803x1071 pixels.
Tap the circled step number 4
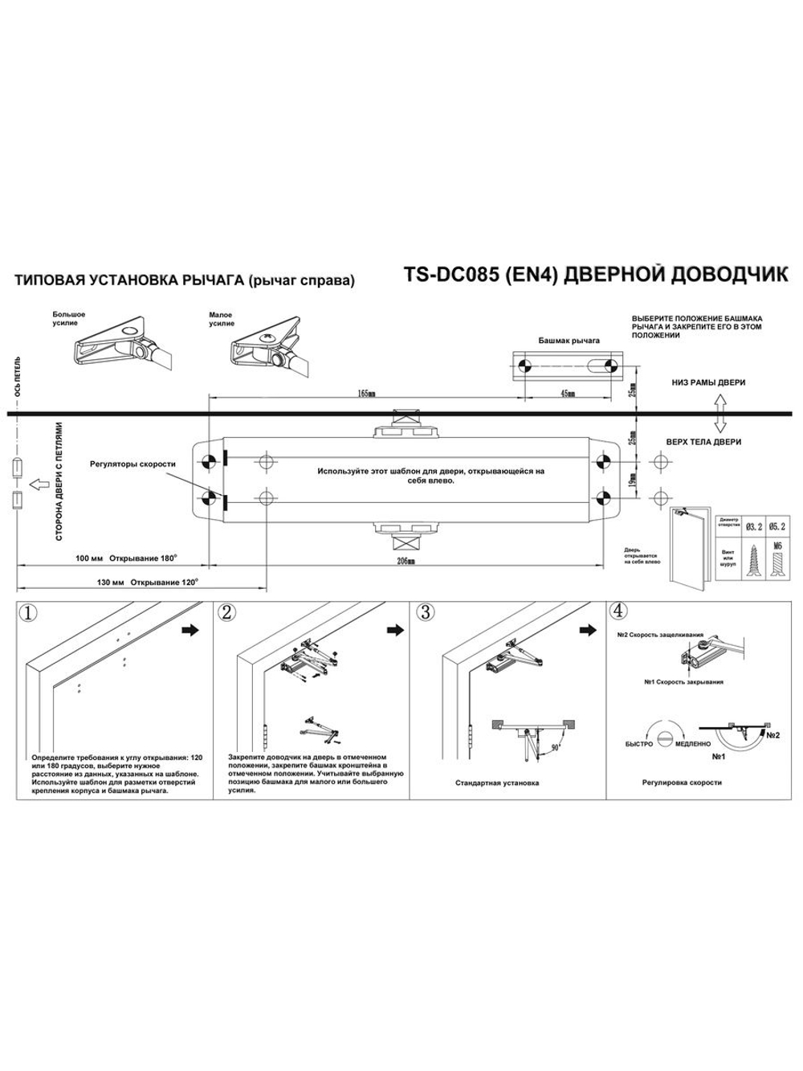point(619,611)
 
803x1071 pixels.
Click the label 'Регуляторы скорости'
point(132,464)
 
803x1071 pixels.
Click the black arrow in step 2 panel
point(394,631)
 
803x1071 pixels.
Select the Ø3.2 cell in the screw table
point(753,526)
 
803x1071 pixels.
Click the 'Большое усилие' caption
point(69,319)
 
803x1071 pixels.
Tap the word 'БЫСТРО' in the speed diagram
point(639,745)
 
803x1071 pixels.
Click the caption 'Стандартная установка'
point(497,782)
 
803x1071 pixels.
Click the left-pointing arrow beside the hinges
point(38,484)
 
